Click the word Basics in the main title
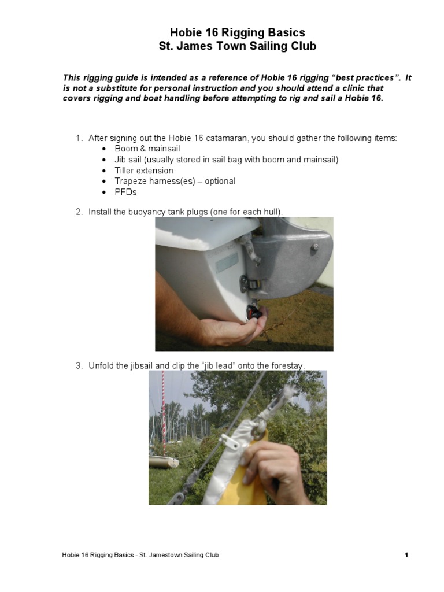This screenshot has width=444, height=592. [286, 32]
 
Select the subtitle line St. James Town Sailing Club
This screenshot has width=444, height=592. [238, 46]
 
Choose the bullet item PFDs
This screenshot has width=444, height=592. [125, 192]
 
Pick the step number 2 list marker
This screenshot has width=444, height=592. [79, 212]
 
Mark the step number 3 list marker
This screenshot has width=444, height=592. [79, 365]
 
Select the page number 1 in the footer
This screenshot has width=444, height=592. [406, 556]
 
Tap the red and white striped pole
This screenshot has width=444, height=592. [164, 410]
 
